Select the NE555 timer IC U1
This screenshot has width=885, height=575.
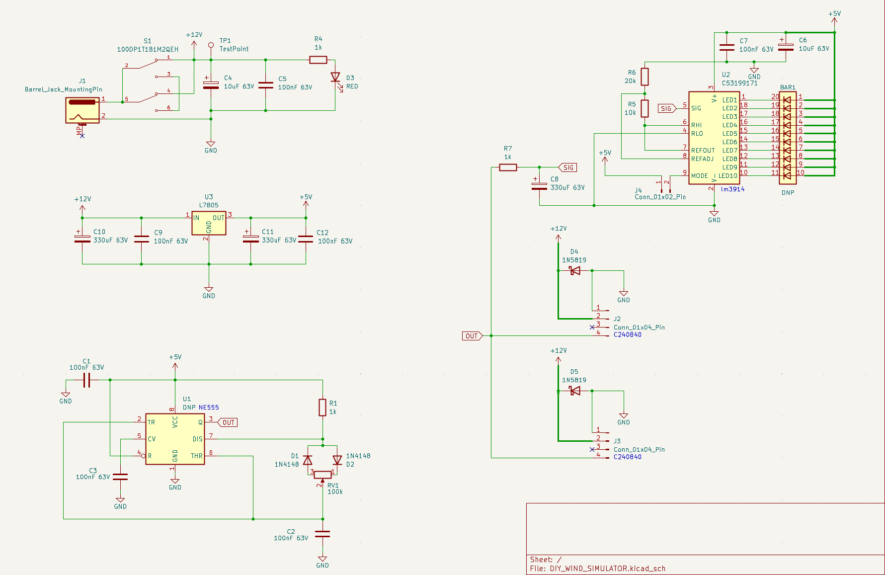(x=175, y=439)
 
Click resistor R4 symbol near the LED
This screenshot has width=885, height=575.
(x=318, y=60)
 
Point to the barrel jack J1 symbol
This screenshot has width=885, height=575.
(x=82, y=110)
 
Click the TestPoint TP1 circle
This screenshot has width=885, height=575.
(x=211, y=45)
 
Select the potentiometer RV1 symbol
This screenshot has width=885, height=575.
(x=322, y=475)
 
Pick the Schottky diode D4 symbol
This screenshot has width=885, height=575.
(x=575, y=271)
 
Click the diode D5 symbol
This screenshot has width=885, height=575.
(x=575, y=391)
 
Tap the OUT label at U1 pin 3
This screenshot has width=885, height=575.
(x=228, y=422)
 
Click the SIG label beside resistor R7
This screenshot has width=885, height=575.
(x=568, y=167)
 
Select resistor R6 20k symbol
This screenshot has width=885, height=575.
(x=644, y=77)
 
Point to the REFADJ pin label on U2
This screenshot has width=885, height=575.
(x=702, y=159)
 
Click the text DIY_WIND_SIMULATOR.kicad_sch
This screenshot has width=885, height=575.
(x=607, y=569)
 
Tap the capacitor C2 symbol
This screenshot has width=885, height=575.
(x=322, y=534)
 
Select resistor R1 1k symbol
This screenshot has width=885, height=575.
(x=322, y=408)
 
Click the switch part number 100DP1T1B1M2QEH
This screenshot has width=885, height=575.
(x=148, y=49)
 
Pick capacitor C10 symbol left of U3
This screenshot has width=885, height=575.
(x=82, y=239)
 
